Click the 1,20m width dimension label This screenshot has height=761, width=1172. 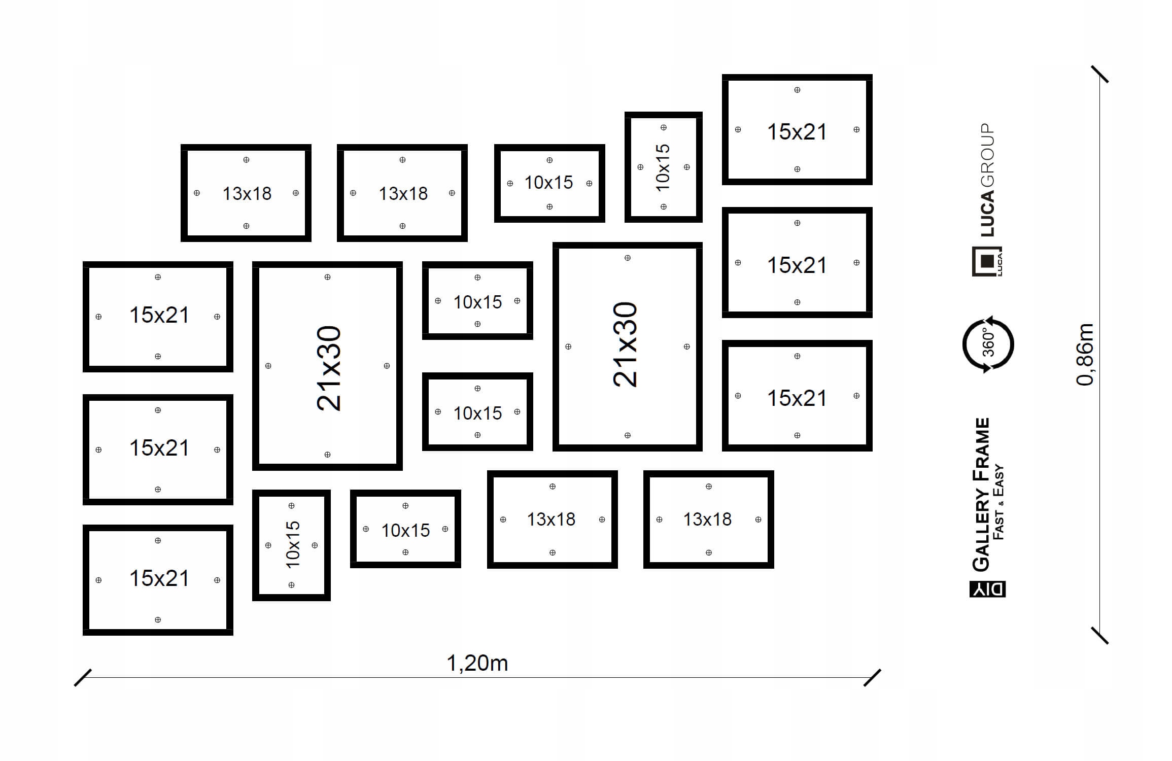[x=477, y=663]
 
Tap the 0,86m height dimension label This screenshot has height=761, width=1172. [x=1085, y=354]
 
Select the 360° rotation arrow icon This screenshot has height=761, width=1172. [x=988, y=344]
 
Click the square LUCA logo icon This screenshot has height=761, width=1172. [x=987, y=261]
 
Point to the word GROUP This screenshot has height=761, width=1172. [x=987, y=155]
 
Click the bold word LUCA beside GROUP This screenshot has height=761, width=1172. [x=987, y=214]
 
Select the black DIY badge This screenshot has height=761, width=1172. [x=987, y=589]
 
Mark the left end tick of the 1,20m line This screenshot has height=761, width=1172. [x=83, y=678]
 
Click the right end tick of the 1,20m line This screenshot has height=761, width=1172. [x=872, y=678]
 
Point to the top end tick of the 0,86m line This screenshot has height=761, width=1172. [x=1099, y=74]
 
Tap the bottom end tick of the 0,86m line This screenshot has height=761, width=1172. [x=1099, y=635]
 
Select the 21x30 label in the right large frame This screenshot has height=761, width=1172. [x=625, y=344]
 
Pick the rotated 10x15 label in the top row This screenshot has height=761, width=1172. [x=663, y=167]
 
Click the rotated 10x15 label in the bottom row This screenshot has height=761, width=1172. [x=293, y=544]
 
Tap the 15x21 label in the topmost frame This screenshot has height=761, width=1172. [x=797, y=132]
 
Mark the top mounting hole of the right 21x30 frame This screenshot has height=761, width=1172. [x=628, y=258]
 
